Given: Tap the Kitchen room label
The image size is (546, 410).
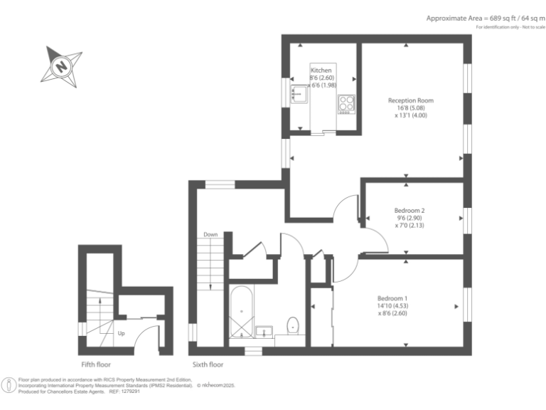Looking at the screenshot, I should pyautogui.click(x=321, y=70).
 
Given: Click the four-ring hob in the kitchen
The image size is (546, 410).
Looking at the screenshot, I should pyautogui.click(x=346, y=104).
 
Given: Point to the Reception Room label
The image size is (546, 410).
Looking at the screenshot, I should pyautogui.click(x=410, y=100).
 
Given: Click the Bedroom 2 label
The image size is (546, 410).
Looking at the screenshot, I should pyautogui.click(x=409, y=210).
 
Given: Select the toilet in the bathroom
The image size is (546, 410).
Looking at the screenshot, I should pyautogui.click(x=292, y=325).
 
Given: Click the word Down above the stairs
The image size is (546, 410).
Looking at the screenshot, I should pyautogui.click(x=210, y=234).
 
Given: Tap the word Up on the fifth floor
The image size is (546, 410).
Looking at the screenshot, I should pyautogui.click(x=121, y=333).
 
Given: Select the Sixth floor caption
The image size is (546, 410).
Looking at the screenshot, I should pyautogui.click(x=208, y=364).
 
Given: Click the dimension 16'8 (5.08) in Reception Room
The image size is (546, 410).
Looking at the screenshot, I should pyautogui.click(x=410, y=108).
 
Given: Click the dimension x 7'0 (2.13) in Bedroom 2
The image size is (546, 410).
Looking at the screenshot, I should pyautogui.click(x=409, y=226).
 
